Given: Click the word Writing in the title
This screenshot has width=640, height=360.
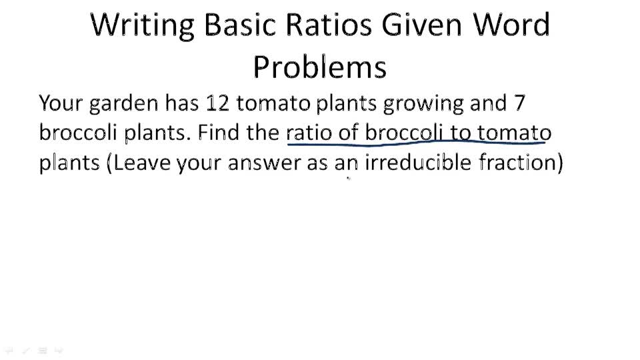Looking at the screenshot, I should tap(143, 25).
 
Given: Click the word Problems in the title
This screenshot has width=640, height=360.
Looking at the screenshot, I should tap(320, 67).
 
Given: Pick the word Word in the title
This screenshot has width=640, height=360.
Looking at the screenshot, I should tap(513, 25).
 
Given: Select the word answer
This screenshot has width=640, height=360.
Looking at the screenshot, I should tap(265, 163).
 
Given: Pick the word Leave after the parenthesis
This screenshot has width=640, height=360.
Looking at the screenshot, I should tap(143, 163).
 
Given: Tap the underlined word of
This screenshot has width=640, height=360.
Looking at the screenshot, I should tap(349, 133).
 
